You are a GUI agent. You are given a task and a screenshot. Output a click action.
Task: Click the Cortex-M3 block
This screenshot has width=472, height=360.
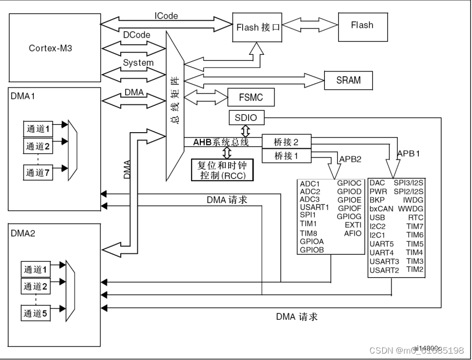point(50,48)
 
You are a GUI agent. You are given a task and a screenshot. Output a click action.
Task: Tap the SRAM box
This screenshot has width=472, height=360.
point(348,80)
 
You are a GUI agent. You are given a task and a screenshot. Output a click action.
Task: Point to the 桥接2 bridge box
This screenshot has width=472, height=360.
point(286,142)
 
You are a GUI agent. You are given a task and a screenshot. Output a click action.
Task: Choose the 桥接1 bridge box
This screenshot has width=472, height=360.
point(286,156)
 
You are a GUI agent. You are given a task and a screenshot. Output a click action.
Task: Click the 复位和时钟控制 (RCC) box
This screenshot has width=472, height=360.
point(222,169)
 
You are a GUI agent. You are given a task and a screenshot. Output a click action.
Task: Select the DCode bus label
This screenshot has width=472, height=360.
point(136,35)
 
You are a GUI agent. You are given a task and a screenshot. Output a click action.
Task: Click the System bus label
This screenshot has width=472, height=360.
point(138,62)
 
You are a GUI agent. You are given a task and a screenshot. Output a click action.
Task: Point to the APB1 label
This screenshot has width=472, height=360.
point(408,153)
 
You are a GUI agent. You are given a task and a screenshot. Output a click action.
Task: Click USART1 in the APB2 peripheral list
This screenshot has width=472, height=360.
point(314,207)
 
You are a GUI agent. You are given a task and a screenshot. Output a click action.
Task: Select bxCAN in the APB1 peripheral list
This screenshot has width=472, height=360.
point(381,208)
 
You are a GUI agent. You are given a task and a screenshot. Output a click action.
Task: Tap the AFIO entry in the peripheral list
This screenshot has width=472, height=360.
point(352,233)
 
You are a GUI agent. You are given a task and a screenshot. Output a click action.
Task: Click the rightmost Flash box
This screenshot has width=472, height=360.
point(362,25)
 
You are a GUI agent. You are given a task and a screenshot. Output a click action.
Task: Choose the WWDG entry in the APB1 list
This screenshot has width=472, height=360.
point(411,208)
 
